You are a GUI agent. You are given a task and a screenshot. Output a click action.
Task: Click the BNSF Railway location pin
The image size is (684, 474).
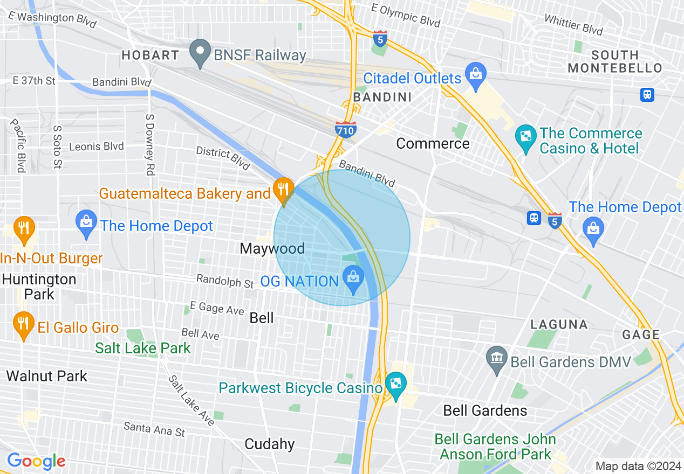click(x=201, y=53)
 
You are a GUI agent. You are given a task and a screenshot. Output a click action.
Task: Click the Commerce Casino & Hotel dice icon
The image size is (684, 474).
click(x=525, y=139)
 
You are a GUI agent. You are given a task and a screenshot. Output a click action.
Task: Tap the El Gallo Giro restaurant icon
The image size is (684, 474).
click(x=23, y=325)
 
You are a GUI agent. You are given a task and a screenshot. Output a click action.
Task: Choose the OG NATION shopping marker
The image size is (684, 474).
click(x=353, y=280)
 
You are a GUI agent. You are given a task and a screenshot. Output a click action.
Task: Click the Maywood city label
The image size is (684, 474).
click(x=272, y=248)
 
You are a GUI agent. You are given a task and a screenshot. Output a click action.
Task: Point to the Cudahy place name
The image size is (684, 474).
click(x=269, y=444)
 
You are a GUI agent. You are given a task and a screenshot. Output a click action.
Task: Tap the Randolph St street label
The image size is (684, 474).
click(x=225, y=281)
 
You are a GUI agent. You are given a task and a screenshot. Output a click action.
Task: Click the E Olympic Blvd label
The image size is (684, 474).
click(x=406, y=16)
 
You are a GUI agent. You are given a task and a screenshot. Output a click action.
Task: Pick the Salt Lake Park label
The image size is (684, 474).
click(x=143, y=348)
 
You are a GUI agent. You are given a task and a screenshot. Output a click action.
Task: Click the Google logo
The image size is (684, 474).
click(x=36, y=461)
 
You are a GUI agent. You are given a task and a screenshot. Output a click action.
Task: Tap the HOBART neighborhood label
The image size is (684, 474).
click(x=150, y=55)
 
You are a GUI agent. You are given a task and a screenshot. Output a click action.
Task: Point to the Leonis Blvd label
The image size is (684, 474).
click(x=96, y=147)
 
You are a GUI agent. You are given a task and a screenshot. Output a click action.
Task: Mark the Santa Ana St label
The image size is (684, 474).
click(x=154, y=429)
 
